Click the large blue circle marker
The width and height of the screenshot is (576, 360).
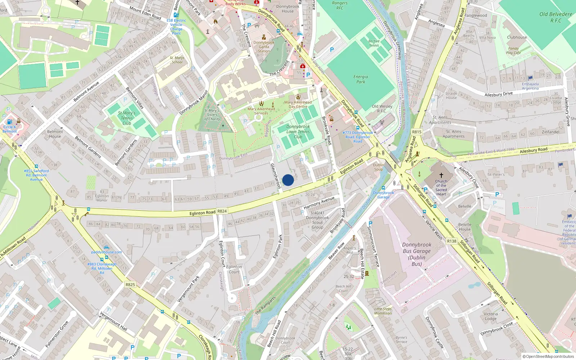click(288, 180)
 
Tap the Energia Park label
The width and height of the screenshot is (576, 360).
click(361, 79)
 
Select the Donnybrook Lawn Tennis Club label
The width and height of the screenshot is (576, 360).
click(298, 132)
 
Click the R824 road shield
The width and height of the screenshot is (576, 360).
click(222, 211)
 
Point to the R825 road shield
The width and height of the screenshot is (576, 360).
click(130, 284)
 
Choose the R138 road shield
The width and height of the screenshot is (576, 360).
click(451, 241)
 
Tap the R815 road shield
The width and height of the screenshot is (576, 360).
click(417, 132)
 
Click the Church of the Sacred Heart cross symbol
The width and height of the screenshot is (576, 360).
click(441, 175)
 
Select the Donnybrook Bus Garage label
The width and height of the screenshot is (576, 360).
click(417, 254)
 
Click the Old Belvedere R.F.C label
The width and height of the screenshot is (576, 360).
click(555, 17)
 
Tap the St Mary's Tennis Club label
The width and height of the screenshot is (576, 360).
click(127, 118)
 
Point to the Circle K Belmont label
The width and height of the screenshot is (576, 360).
click(10, 129)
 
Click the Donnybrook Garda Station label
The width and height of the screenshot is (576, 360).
click(264, 47)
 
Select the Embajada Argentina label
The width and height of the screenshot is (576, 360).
click(530, 86)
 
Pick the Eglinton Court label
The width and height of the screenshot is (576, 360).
click(234, 269)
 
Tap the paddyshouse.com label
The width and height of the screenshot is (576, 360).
click(107, 252)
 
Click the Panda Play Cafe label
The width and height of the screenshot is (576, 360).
click(513, 51)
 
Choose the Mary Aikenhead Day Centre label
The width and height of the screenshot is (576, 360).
click(298, 104)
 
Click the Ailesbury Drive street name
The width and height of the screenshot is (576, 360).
click(499, 94)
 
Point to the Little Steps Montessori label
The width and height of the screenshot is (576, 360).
click(383, 311)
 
